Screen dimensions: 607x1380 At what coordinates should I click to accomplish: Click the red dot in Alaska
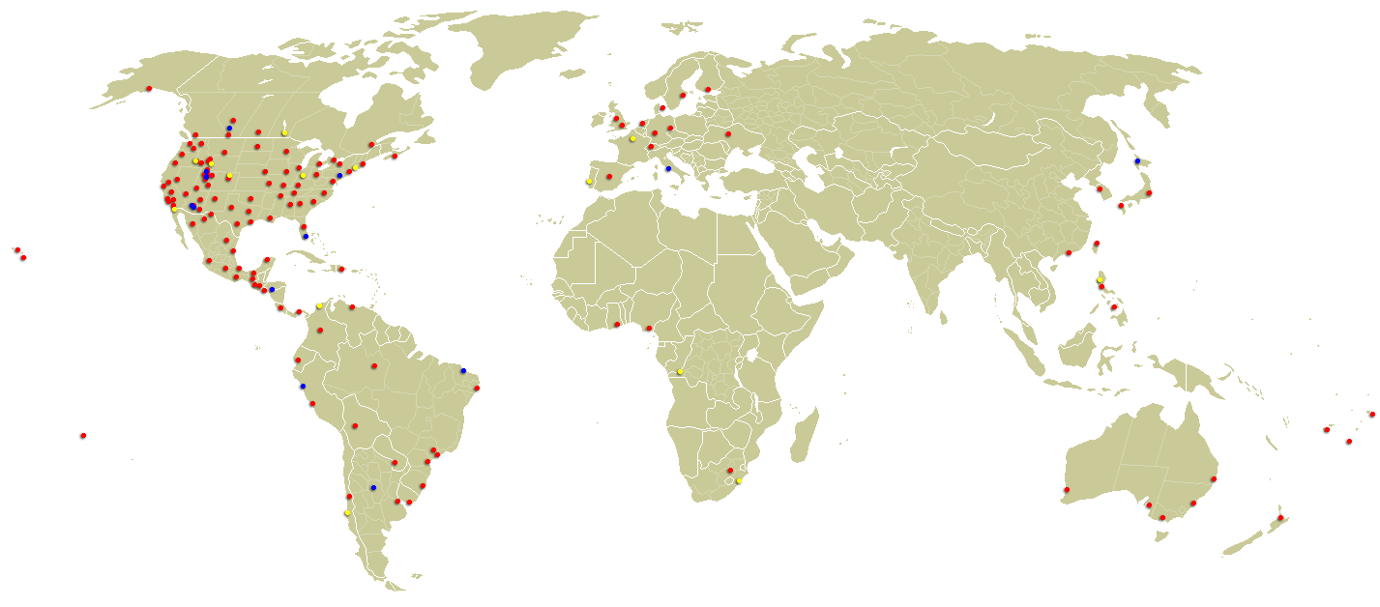click(x=149, y=89)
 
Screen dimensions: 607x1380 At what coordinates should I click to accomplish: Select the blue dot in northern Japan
click(x=1137, y=160)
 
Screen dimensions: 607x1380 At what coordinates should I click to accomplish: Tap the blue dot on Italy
click(x=668, y=169)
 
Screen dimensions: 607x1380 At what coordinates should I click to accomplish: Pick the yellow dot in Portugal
click(x=589, y=181)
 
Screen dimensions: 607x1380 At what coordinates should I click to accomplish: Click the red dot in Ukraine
click(x=728, y=133)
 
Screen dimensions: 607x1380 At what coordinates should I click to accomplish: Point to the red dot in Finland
click(x=708, y=90)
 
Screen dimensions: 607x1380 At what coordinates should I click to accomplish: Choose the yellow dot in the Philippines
click(x=1101, y=280)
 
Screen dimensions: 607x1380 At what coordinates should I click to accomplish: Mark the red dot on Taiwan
click(x=1097, y=243)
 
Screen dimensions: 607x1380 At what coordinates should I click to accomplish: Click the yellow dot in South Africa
click(x=739, y=480)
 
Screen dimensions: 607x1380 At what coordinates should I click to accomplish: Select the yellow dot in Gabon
click(x=681, y=371)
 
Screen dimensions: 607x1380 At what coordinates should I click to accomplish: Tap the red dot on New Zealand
click(x=1280, y=518)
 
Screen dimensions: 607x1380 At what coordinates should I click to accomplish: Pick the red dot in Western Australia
click(x=1067, y=490)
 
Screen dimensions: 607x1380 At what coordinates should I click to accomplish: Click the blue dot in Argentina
click(x=373, y=487)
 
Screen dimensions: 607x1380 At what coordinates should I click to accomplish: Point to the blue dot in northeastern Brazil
click(x=463, y=370)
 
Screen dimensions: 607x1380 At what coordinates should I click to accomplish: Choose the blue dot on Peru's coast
click(x=303, y=386)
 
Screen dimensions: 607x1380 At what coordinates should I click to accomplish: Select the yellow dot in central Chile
click(x=347, y=512)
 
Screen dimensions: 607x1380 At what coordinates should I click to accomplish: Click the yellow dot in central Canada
click(x=284, y=132)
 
